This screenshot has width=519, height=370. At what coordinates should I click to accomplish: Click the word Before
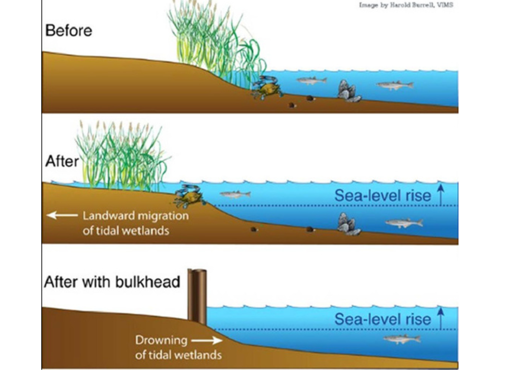tap(69, 31)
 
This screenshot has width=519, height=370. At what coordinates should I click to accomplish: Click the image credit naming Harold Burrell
tap(406, 5)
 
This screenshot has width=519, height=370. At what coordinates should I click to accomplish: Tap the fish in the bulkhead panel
tap(402, 339)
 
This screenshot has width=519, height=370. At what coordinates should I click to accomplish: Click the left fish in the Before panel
tap(312, 80)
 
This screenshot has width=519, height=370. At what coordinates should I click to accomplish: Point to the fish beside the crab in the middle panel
tap(235, 194)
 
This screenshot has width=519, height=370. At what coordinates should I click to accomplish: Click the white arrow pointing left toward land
tap(62, 215)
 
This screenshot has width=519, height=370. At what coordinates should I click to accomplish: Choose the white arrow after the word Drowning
tap(206, 340)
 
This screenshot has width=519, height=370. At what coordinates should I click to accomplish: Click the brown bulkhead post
tap(197, 297)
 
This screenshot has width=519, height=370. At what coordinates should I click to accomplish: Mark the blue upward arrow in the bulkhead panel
tap(441, 318)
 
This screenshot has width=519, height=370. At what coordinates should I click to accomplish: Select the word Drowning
tap(161, 340)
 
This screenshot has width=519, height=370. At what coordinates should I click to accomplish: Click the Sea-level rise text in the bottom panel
tap(383, 319)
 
